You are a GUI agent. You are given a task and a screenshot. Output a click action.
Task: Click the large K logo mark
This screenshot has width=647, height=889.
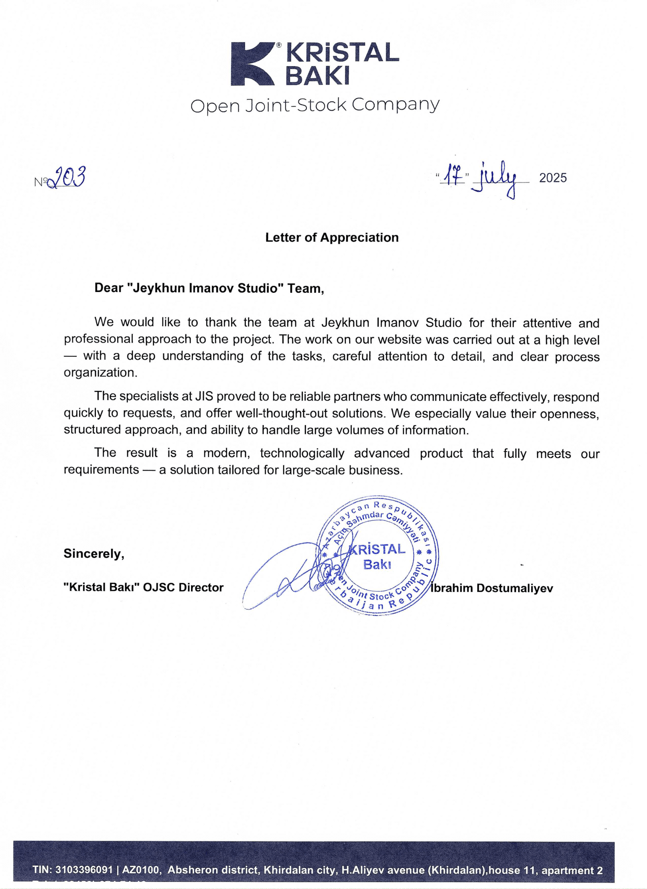pyautogui.click(x=254, y=63)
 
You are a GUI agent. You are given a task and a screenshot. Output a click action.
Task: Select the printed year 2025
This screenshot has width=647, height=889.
pyautogui.click(x=553, y=178)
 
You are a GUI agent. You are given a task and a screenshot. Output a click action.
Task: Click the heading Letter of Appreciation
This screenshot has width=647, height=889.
pyautogui.click(x=332, y=238)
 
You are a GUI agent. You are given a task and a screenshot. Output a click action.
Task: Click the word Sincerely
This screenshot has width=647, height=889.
pyautogui.click(x=94, y=554)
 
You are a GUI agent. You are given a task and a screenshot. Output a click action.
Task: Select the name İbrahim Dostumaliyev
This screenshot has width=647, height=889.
pyautogui.click(x=492, y=588)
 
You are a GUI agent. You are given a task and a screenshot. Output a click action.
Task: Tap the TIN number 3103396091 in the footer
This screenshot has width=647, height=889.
pyautogui.click(x=84, y=870)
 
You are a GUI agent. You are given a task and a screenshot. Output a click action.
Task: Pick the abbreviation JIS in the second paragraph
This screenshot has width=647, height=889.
pyautogui.click(x=204, y=397)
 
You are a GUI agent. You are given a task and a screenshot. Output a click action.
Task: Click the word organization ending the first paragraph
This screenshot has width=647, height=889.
pyautogui.click(x=100, y=372)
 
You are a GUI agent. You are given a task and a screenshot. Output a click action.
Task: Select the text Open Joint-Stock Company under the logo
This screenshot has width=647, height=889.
pyautogui.click(x=315, y=105)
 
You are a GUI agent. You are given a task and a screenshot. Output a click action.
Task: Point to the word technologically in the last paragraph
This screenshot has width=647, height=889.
pyautogui.click(x=302, y=453)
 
